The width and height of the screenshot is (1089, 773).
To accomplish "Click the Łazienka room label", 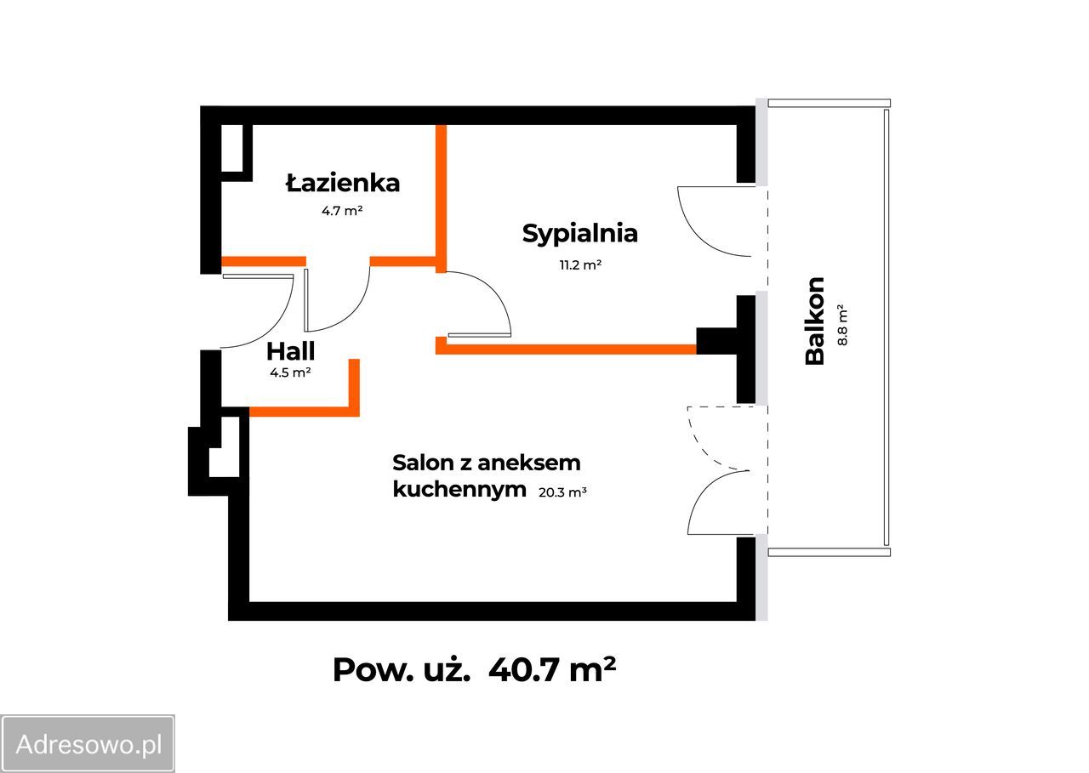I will coord(343,183).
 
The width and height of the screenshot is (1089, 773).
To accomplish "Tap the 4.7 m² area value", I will coord(343,211).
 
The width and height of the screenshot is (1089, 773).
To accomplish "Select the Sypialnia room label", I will coord(580,233).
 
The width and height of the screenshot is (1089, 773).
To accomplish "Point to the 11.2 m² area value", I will coord(580,264).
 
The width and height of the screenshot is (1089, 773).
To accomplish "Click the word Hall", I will coord(290,351).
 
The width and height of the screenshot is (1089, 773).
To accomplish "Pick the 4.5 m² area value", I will coord(290,372).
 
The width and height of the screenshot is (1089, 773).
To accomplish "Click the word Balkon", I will coord(815,321).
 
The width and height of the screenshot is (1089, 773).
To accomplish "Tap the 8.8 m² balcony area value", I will coord(842,324).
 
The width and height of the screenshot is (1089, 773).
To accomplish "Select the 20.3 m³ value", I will coord(563,491).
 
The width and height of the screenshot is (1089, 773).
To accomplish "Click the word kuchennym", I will coord(459,489).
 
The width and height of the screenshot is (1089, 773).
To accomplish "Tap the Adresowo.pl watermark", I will coord(88,745).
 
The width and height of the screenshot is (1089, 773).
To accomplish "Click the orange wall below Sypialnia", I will coord(570,349).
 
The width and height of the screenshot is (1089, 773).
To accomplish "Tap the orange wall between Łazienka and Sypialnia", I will coord(441,196).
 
